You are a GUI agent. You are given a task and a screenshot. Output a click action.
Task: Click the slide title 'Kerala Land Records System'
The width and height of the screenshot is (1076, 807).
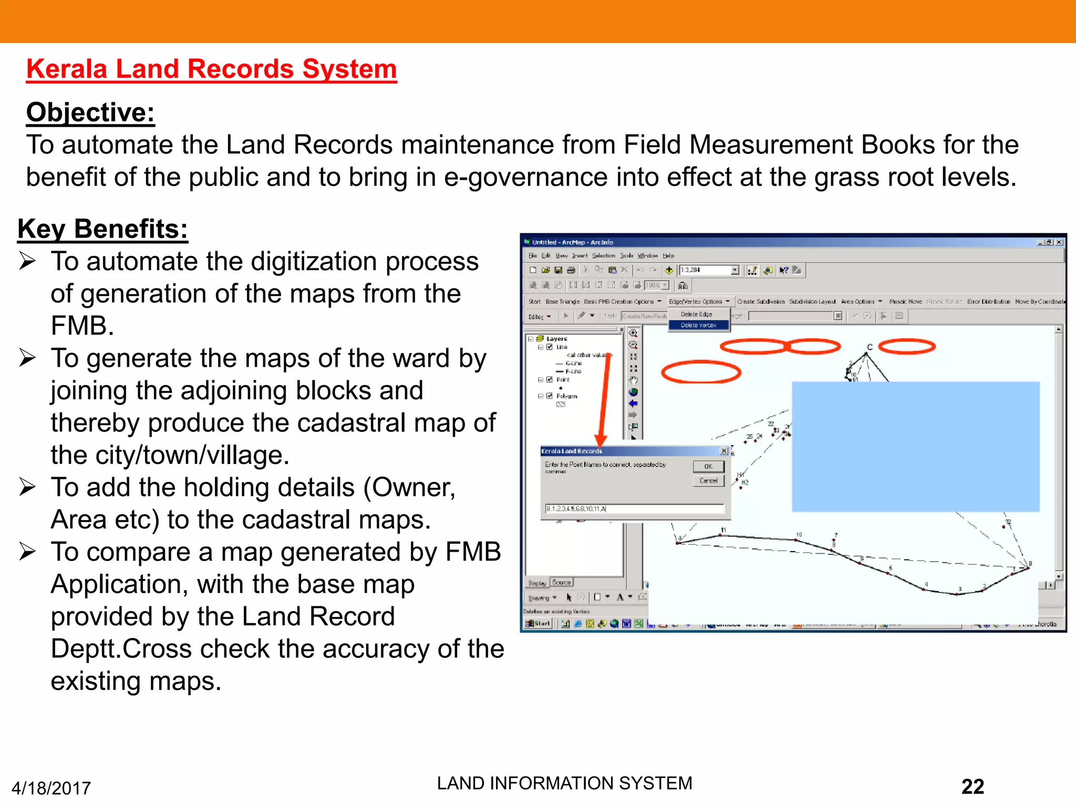(x=211, y=69)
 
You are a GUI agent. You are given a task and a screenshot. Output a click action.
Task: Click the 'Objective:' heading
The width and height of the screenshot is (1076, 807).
(x=90, y=112)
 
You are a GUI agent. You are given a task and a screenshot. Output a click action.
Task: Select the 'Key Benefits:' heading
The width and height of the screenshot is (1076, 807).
(x=102, y=229)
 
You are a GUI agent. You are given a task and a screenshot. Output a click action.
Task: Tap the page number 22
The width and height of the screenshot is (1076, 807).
(x=972, y=787)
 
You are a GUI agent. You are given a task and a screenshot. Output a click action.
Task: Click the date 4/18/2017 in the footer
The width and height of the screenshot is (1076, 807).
(x=51, y=788)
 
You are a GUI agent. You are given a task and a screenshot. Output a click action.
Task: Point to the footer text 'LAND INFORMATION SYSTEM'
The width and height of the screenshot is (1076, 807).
(x=564, y=783)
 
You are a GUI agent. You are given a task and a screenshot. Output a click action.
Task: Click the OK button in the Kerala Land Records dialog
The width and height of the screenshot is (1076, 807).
(x=708, y=467)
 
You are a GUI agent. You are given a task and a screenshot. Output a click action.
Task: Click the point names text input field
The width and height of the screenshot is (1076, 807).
(x=634, y=509)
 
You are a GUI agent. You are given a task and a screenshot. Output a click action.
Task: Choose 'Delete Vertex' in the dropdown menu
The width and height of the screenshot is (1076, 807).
(x=698, y=325)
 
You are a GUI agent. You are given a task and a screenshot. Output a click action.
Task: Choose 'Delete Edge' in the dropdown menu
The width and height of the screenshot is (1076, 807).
(x=697, y=314)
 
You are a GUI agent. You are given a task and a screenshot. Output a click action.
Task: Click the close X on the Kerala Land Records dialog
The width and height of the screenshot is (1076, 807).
(x=724, y=451)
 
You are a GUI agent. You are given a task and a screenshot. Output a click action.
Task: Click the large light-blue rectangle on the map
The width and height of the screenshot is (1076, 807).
(x=915, y=447)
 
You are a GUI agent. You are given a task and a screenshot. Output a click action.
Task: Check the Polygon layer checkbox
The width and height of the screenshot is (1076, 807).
(x=550, y=396)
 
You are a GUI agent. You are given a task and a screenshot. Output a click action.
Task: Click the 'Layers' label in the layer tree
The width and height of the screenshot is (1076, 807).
(x=556, y=339)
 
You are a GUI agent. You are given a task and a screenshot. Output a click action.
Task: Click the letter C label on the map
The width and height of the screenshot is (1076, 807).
(x=870, y=347)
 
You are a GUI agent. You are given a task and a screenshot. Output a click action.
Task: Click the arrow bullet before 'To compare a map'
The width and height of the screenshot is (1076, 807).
(x=27, y=552)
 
